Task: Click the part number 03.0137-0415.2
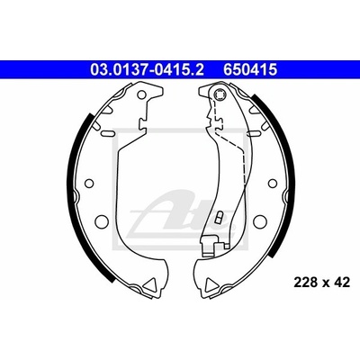[x=148, y=70]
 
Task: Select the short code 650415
[x=249, y=70]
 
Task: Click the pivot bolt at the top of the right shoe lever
[x=219, y=94]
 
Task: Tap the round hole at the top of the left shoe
[x=141, y=94]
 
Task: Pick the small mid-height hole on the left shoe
[x=89, y=183]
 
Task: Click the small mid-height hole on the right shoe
[x=272, y=183]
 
